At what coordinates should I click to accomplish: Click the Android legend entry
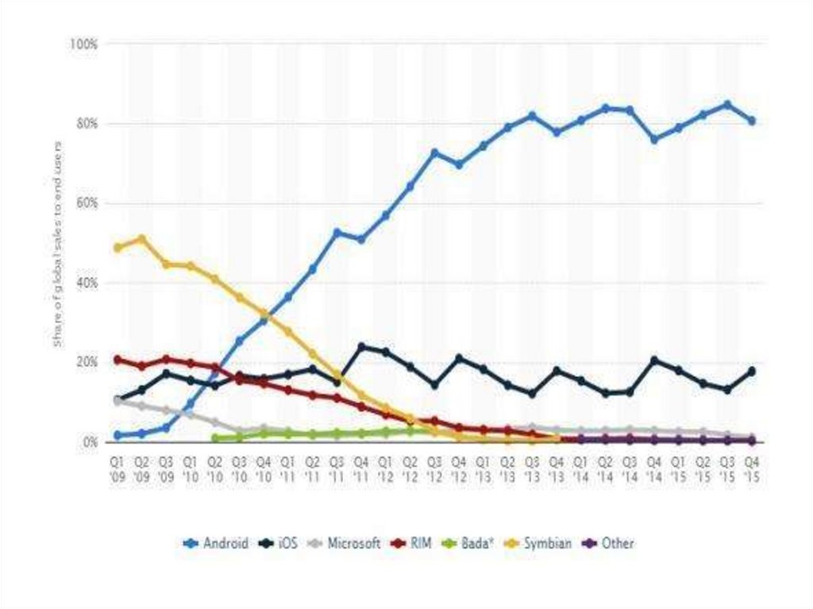[x=216, y=544]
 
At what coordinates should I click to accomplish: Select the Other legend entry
[x=609, y=544]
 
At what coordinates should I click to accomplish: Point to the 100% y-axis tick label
[x=83, y=44]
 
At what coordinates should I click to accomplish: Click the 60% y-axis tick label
[x=86, y=203]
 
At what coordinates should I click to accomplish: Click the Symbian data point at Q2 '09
[x=142, y=238]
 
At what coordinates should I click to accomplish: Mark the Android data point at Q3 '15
[x=727, y=104]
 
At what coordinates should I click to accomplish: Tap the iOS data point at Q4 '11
[x=362, y=347]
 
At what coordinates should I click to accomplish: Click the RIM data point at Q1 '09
[x=118, y=360]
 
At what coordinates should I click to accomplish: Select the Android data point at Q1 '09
[x=118, y=435]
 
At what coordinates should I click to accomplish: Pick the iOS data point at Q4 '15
[x=751, y=371]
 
